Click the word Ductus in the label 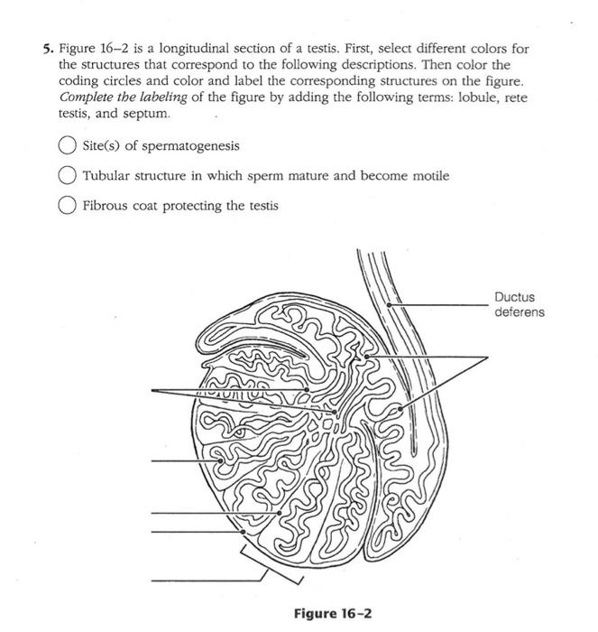(514, 297)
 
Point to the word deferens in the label (520, 312)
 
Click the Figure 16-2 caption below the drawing (333, 614)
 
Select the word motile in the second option (428, 176)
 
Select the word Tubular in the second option (106, 176)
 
